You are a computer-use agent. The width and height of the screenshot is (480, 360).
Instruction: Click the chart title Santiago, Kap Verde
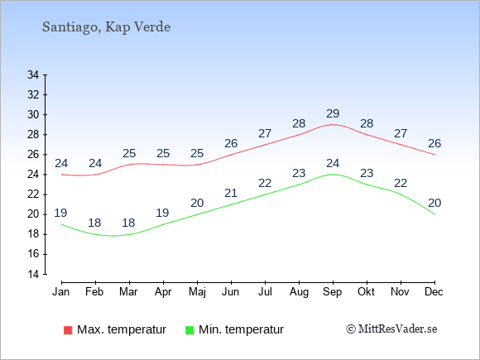pyautogui.click(x=106, y=27)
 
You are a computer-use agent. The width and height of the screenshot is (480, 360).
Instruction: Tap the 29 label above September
pyautogui.click(x=333, y=114)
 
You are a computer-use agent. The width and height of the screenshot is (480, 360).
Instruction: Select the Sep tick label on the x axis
pyautogui.click(x=332, y=292)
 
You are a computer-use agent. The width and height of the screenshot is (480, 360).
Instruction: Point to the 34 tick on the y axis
pyautogui.click(x=33, y=74)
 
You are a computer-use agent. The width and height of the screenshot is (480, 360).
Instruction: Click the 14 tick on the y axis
pyautogui.click(x=33, y=274)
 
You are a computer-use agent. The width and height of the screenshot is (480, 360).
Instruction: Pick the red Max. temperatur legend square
pyautogui.click(x=68, y=330)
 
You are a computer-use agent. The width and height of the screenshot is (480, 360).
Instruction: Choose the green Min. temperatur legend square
pyautogui.click(x=190, y=330)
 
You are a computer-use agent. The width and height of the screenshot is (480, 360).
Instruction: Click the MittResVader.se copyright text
pyautogui.click(x=391, y=329)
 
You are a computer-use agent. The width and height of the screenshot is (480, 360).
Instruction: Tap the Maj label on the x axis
pyautogui.click(x=197, y=292)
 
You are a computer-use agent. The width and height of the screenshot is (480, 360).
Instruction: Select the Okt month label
pyautogui.click(x=366, y=292)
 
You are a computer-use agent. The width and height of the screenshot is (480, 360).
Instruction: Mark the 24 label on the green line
pyautogui.click(x=333, y=164)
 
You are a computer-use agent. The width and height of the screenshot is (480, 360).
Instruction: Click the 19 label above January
pyautogui.click(x=60, y=213)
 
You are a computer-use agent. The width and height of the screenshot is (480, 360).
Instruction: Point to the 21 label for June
pyautogui.click(x=231, y=193)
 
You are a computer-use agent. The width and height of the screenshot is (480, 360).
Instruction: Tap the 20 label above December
pyautogui.click(x=434, y=203)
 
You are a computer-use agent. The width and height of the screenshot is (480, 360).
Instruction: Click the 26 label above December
pyautogui.click(x=434, y=143)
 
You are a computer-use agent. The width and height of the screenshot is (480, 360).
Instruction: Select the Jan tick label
pyautogui.click(x=61, y=292)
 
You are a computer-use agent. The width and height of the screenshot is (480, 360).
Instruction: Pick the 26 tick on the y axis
pyautogui.click(x=33, y=155)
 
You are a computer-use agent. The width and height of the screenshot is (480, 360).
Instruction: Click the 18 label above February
pyautogui.click(x=94, y=223)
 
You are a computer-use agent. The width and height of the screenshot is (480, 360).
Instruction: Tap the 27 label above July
pyautogui.click(x=265, y=133)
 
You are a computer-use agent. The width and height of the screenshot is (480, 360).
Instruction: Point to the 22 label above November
pyautogui.click(x=401, y=184)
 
